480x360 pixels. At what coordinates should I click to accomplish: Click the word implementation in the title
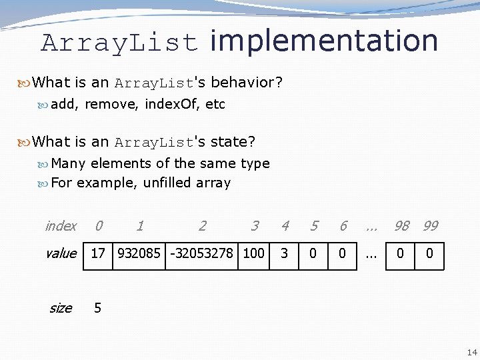[x=324, y=41]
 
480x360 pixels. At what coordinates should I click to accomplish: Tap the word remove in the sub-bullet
[x=109, y=104]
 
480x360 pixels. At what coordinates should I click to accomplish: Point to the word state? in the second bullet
[x=233, y=142]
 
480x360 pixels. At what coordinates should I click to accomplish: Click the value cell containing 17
[x=98, y=254]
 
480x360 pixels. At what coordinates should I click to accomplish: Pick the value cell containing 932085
[x=139, y=254]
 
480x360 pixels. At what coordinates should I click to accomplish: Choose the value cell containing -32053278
[x=201, y=254]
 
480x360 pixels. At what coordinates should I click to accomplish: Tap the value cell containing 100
[x=253, y=254]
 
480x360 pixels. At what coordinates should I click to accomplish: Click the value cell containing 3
[x=284, y=254]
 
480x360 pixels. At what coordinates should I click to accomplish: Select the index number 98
[x=401, y=226]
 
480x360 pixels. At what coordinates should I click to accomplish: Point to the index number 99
[x=431, y=226]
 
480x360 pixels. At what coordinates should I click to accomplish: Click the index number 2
[x=202, y=226]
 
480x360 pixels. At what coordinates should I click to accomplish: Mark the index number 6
[x=343, y=226]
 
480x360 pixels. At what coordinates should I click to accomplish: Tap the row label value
[x=61, y=253]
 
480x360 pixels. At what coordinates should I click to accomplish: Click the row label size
[x=60, y=308]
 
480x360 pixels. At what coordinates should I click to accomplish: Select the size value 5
[x=98, y=308]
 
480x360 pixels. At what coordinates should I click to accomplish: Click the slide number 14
[x=472, y=353]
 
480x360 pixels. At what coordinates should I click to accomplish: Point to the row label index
[x=61, y=226]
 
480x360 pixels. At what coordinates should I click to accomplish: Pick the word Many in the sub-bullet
[x=69, y=163]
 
